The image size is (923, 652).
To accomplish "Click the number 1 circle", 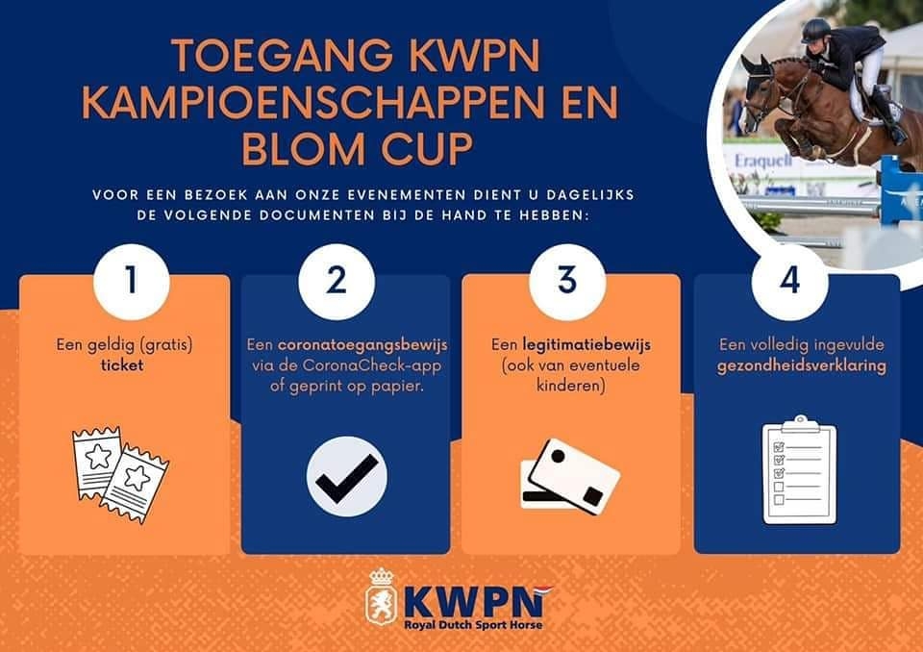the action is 132,282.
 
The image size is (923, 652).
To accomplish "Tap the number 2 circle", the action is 337,282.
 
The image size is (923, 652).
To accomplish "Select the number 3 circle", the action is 567,282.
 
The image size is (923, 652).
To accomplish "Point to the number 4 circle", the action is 790,282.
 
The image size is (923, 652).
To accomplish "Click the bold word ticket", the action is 122,365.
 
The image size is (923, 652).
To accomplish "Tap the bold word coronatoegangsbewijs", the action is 362,345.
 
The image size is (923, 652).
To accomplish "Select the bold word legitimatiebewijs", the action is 586,345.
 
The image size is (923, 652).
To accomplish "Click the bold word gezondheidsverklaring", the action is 801,366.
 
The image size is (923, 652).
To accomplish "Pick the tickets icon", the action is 120,474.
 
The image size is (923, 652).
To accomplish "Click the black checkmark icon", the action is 347,477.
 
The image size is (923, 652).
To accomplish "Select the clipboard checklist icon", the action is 799,469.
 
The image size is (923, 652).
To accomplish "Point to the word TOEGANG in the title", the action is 282,55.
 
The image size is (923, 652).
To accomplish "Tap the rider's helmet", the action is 816,30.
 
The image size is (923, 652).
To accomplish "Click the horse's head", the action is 760,88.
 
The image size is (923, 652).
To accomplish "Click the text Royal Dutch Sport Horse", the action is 473,625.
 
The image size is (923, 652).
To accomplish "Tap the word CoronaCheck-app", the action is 373,365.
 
